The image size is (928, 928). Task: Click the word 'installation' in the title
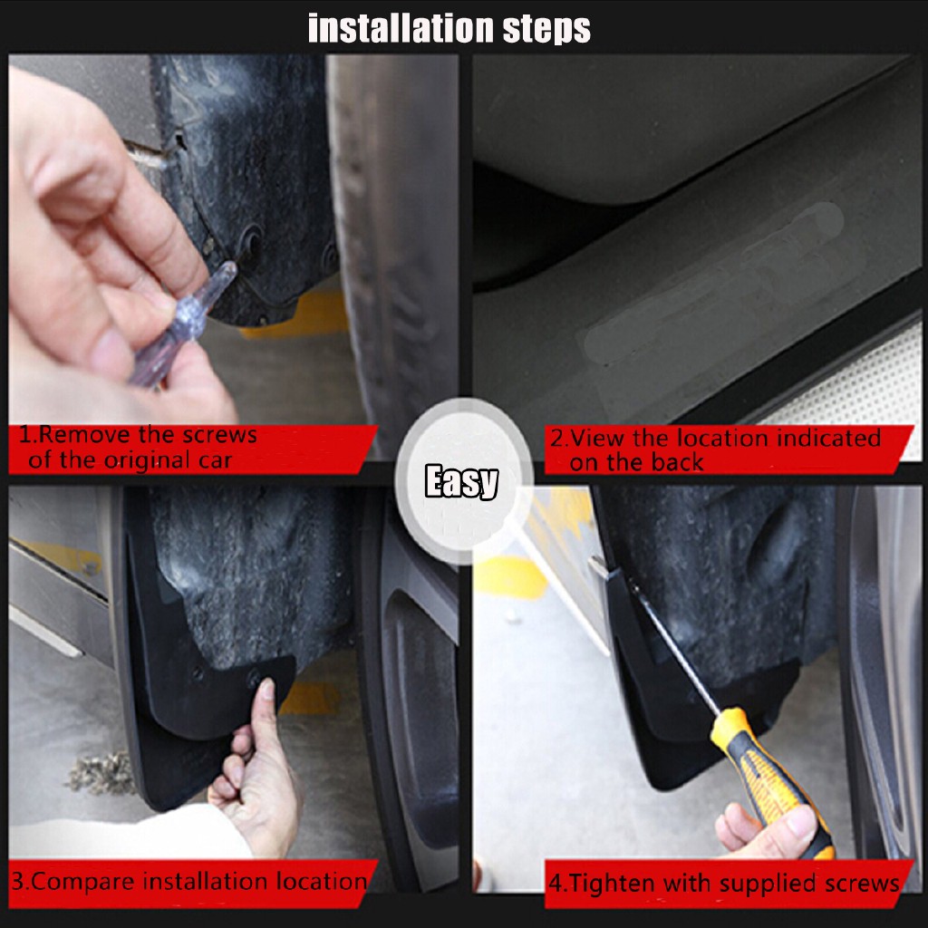point(401,28)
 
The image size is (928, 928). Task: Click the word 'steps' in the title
point(546,29)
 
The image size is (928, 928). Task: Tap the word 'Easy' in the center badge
point(461,480)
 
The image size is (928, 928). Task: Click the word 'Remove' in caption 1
point(85,435)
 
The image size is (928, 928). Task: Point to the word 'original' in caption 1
point(143,460)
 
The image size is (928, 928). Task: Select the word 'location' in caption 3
point(322,881)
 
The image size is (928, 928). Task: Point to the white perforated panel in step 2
point(852,384)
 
